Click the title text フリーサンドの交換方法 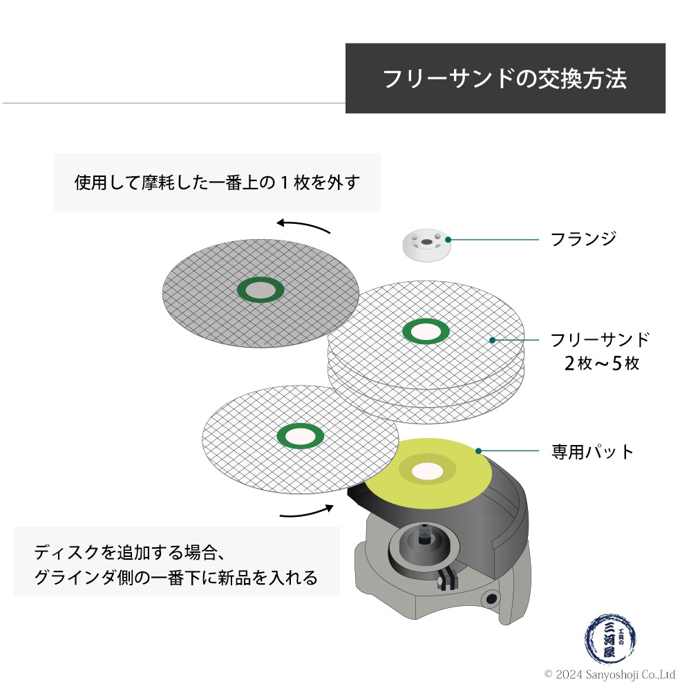(505, 79)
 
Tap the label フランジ (583, 239)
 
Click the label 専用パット (592, 453)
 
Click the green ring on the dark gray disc (260, 291)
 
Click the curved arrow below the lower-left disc (306, 512)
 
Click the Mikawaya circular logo (610, 639)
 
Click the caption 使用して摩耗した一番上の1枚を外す (217, 183)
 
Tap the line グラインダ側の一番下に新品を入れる (176, 578)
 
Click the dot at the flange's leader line (448, 240)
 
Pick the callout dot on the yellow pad (478, 451)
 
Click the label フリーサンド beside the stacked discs (600, 340)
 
